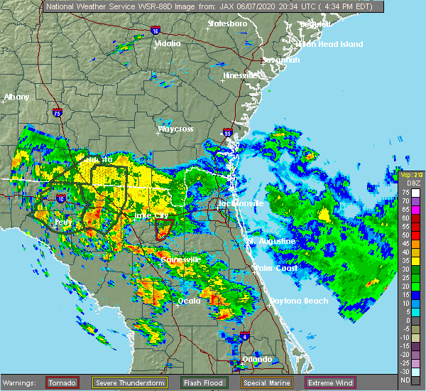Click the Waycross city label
click(175, 129)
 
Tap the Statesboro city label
click(226, 23)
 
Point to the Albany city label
click(16, 97)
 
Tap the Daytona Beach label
click(298, 301)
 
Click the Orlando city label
click(257, 359)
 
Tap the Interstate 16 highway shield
click(155, 31)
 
